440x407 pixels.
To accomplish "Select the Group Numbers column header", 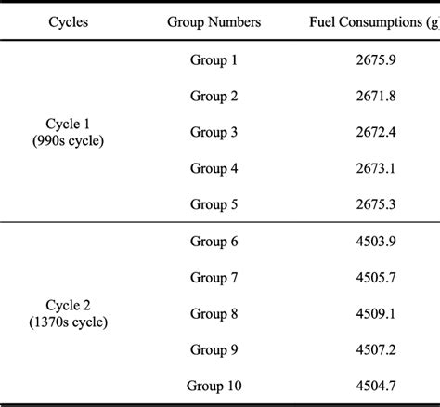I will [214, 20].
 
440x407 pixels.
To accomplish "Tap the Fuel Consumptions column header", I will [372, 20].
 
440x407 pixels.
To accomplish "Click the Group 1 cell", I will [214, 60].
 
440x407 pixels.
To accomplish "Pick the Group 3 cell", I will [214, 132].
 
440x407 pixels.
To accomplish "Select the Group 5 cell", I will [214, 203].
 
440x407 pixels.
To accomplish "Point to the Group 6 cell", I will [214, 242].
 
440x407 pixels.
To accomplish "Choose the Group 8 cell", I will [214, 313].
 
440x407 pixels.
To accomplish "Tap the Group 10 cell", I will [214, 385].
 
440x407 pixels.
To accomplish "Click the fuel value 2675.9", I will [372, 60].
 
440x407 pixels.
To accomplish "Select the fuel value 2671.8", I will [372, 96].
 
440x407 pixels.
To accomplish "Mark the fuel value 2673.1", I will [372, 168].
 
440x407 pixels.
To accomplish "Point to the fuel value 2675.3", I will [372, 203].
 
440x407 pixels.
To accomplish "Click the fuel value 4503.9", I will [372, 242].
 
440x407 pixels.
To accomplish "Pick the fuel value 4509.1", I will [372, 313].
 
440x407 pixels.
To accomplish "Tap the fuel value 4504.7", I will [372, 385].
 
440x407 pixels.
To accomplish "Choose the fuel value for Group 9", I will [372, 349].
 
